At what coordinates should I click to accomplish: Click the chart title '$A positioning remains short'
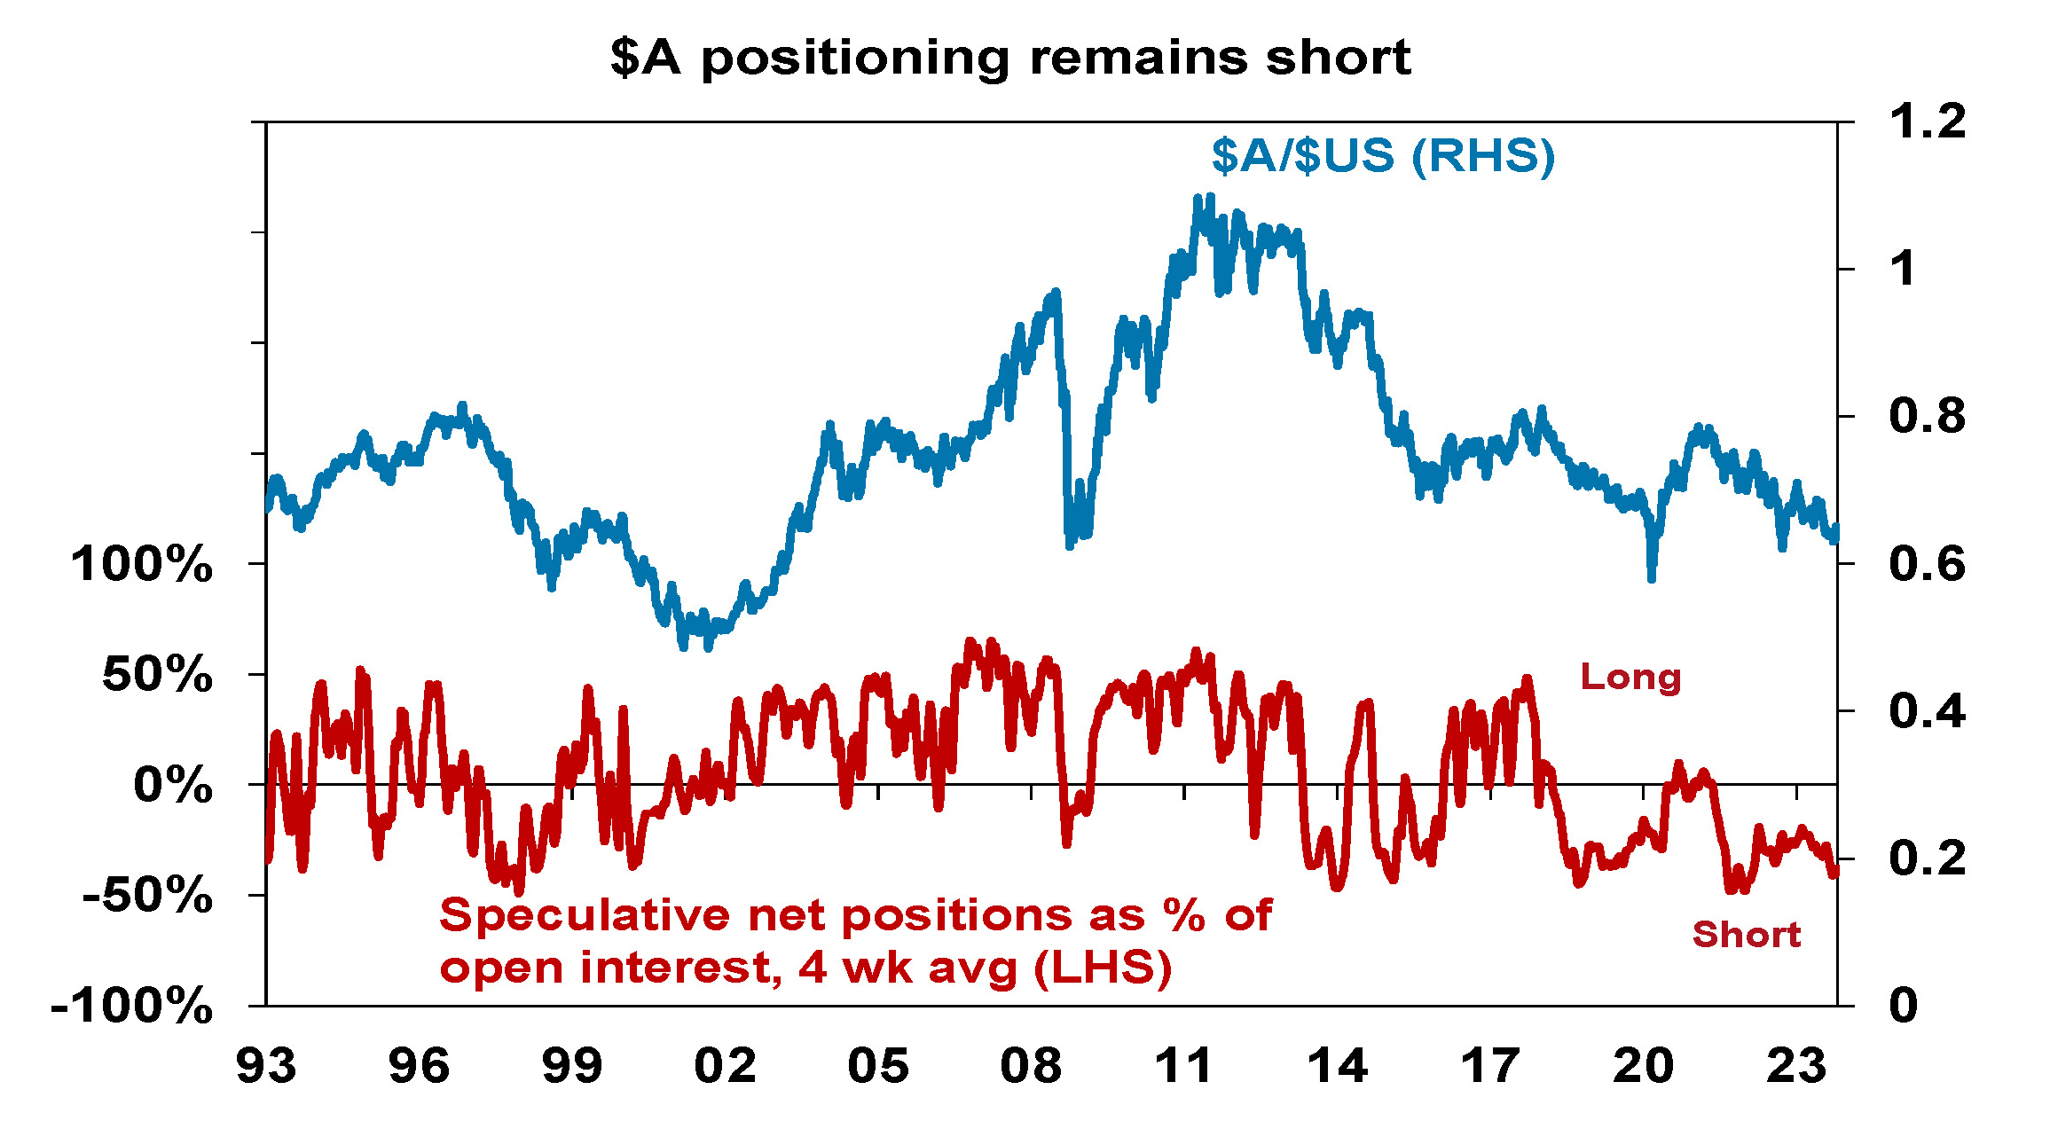click(1010, 59)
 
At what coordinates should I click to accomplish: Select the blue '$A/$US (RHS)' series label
click(1383, 156)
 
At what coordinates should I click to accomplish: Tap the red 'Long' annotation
click(1630, 678)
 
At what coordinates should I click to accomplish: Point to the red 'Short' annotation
click(1746, 935)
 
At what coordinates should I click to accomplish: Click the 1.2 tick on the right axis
click(1927, 122)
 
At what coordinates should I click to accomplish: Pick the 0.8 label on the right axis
click(1927, 416)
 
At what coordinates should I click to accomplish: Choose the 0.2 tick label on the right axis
click(1927, 858)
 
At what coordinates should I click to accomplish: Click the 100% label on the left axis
click(142, 564)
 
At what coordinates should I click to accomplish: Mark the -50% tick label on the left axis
click(147, 896)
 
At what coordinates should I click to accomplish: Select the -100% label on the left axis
click(132, 1007)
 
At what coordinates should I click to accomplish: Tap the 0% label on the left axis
click(173, 786)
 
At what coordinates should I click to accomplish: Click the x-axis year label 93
click(266, 1066)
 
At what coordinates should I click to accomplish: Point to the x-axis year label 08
click(1031, 1066)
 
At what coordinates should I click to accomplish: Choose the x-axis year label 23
click(1796, 1066)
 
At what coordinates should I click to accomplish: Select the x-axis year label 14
click(1337, 1066)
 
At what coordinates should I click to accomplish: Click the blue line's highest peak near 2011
click(1210, 197)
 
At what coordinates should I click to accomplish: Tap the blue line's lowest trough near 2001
click(683, 647)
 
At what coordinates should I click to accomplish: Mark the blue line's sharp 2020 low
click(1651, 579)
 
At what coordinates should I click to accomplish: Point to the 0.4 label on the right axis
click(1927, 711)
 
